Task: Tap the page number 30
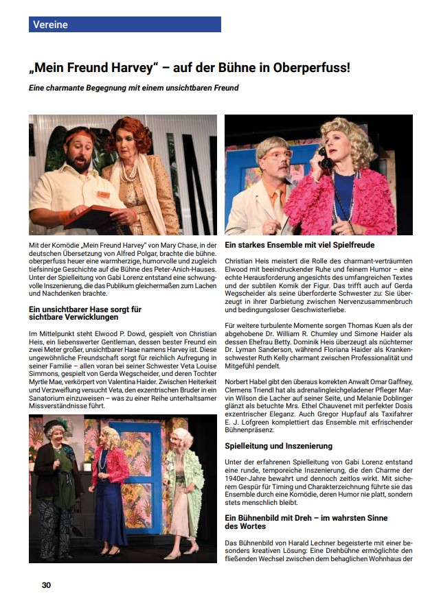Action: [x=47, y=585]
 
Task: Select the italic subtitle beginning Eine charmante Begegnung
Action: [x=133, y=88]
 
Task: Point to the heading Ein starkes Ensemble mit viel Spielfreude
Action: [x=299, y=245]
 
